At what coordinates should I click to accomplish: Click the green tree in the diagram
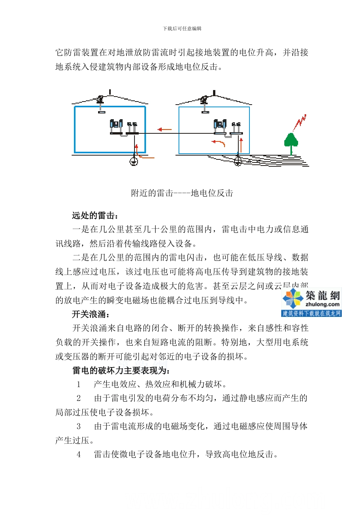coord(291,141)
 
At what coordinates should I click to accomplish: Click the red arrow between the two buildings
coord(165,130)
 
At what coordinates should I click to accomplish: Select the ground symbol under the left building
coord(133,161)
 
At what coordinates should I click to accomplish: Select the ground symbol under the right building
coord(238,161)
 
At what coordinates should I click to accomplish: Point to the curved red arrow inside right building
coord(219,143)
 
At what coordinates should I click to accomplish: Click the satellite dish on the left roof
coord(100,99)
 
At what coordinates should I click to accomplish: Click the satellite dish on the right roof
coord(205,100)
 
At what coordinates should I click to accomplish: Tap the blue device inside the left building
coord(116,124)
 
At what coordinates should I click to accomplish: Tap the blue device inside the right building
coord(220,124)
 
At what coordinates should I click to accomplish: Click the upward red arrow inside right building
coord(241,145)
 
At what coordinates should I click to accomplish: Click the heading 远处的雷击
coord(95,215)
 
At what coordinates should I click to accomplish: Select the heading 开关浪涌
coord(91,314)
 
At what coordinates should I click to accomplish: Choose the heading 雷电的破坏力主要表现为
coord(121,371)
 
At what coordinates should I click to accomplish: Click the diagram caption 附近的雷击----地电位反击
coord(182,193)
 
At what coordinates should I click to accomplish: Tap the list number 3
coord(79,426)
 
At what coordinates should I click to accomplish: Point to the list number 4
coord(79,454)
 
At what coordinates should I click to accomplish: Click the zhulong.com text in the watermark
coord(322,305)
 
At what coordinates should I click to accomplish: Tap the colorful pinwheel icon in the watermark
coord(293,298)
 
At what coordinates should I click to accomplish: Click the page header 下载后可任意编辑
coord(182,29)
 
